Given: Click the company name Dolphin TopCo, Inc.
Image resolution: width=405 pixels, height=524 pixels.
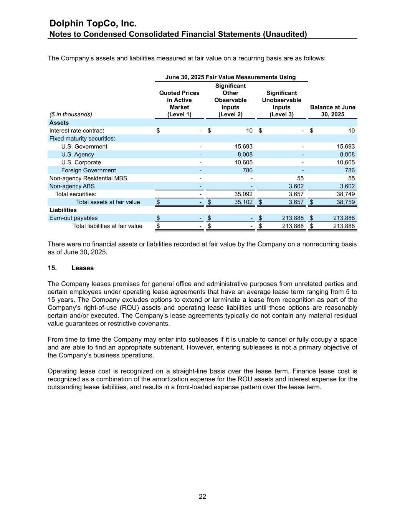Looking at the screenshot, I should point(93,24).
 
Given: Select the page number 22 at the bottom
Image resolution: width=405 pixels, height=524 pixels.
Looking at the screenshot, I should point(202,496).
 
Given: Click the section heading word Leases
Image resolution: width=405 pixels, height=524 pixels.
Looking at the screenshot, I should point(82,268).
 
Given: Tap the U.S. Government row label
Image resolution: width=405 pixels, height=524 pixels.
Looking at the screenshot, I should point(84,146).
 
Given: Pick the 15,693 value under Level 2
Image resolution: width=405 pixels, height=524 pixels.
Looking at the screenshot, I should point(243,146).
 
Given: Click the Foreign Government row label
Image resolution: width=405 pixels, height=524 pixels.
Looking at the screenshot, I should point(88,170).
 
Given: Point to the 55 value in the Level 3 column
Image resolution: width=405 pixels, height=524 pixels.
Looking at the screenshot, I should point(300,178).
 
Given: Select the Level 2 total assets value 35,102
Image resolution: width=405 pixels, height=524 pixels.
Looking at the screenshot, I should point(243,202).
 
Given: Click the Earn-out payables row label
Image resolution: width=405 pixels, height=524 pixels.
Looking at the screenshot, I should point(73,218).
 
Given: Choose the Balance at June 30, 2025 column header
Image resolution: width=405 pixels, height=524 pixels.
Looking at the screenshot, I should point(332,111).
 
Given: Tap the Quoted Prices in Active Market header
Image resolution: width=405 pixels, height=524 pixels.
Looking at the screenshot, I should point(179,104).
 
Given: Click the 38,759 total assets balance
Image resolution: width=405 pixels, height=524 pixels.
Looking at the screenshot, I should point(345,202).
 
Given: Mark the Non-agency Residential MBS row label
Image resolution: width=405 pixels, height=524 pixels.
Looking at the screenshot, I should point(88,178).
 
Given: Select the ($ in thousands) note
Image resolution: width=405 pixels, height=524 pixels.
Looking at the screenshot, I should point(71,114).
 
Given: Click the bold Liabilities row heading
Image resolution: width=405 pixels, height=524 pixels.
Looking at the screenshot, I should point(63,210).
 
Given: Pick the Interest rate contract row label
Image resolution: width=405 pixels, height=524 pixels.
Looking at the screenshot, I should point(76,131).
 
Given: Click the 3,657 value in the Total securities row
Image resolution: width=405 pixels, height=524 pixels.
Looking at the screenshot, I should point(296,194).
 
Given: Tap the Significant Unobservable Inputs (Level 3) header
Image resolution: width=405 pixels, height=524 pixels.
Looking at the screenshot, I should point(281,104).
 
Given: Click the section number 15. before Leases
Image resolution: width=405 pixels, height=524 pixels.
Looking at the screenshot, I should point(52,268).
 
